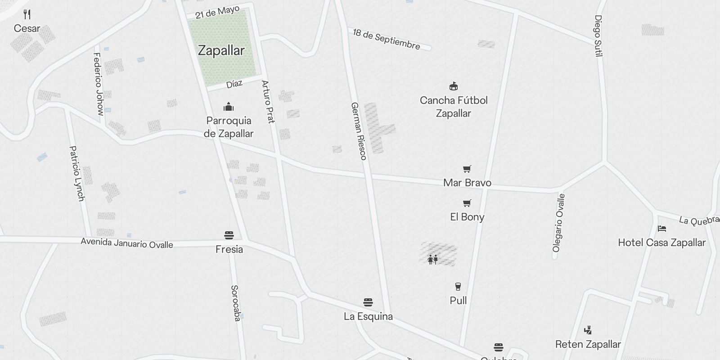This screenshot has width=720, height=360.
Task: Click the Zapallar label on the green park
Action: (x=221, y=50)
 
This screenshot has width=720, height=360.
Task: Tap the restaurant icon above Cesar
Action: (x=27, y=14)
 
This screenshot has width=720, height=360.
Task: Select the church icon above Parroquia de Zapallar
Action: (x=229, y=107)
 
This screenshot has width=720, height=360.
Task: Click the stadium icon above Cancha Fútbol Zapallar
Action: (x=454, y=86)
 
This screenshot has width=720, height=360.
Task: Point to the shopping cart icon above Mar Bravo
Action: (x=467, y=169)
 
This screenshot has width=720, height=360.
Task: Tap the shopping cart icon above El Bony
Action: (x=467, y=203)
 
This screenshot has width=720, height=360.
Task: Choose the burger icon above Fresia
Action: (x=229, y=235)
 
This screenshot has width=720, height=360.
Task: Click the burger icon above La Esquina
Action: (x=368, y=302)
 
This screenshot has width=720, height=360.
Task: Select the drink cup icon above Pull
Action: (x=458, y=287)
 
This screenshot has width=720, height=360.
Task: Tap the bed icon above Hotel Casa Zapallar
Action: (x=661, y=229)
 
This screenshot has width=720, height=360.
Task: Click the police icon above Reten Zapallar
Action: (x=588, y=330)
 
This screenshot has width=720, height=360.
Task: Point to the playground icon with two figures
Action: (x=433, y=259)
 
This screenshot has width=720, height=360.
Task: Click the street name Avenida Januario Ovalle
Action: (x=127, y=243)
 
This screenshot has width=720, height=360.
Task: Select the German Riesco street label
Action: (x=359, y=131)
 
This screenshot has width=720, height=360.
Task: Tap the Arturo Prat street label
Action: (x=268, y=102)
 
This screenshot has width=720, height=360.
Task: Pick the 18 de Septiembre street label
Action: (x=387, y=39)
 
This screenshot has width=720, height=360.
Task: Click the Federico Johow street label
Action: (x=98, y=84)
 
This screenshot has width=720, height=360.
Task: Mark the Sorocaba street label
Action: (x=235, y=303)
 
